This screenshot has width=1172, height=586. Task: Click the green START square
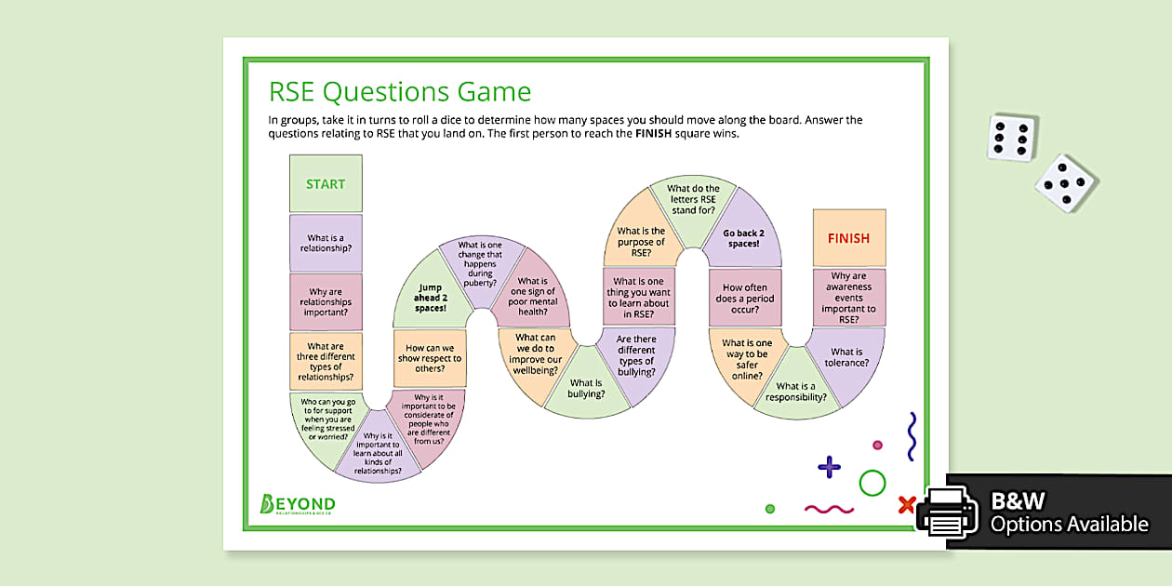[326, 183]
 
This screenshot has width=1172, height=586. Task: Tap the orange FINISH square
[848, 238]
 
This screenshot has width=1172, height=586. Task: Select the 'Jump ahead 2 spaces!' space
[430, 295]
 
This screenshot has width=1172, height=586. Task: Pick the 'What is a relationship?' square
[326, 243]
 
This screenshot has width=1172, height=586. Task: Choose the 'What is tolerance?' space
[847, 357]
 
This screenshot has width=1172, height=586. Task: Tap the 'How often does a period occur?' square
[744, 298]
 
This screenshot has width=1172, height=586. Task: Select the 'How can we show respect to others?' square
[429, 357]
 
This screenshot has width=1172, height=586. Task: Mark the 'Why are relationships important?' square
[326, 301]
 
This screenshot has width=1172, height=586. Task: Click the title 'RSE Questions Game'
[400, 92]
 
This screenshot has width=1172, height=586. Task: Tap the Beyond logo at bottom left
[297, 504]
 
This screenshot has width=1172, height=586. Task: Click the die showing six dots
[1012, 138]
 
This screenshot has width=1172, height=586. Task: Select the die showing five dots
[1066, 182]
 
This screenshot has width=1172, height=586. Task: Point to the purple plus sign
[829, 467]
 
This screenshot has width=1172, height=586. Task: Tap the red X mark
[906, 505]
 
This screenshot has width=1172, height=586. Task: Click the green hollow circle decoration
[872, 483]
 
